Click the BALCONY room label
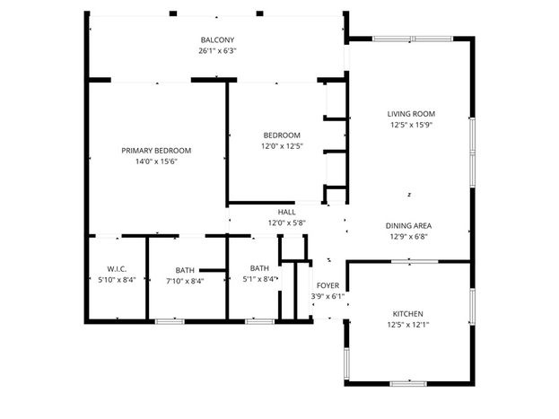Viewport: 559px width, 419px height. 217,40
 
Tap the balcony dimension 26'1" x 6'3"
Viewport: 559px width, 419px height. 217,50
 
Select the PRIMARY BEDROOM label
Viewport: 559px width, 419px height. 156,151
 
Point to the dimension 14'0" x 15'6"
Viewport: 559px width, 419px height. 156,161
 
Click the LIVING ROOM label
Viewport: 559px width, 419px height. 411,114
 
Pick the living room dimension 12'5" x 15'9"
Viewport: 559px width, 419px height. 411,125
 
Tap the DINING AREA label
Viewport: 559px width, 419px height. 408,226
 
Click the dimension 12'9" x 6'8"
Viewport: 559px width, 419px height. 408,237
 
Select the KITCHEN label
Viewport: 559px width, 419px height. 408,314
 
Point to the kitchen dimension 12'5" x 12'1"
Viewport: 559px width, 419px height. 408,325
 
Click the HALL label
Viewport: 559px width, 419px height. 286,212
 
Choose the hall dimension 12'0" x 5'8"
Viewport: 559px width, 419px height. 286,223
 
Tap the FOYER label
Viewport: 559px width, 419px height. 328,285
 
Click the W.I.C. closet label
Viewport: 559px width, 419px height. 117,269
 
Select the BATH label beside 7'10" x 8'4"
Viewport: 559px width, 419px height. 185,270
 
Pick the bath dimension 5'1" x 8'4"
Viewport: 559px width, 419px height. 259,279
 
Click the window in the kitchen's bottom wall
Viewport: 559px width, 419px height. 408,384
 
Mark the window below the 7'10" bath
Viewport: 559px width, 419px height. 170,321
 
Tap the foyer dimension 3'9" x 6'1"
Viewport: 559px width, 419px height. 328,296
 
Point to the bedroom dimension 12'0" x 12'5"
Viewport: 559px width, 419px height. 282,146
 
